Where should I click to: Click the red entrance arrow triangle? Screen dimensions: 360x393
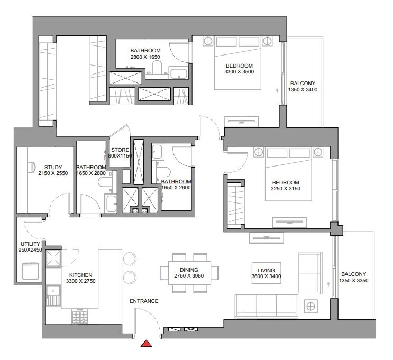(147, 344)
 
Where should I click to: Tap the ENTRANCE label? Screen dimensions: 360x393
(144, 301)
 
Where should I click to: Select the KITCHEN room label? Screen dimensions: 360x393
(80, 275)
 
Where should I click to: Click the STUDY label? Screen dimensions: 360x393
(53, 168)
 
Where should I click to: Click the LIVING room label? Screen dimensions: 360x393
(266, 270)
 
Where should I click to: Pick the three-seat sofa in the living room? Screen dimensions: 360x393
(266, 305)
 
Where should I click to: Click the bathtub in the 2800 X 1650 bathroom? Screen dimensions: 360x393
(179, 73)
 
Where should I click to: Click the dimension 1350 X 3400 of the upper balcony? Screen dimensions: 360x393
(303, 90)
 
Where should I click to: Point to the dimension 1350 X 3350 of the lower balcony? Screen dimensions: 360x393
(353, 281)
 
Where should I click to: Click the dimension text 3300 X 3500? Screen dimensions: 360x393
(239, 71)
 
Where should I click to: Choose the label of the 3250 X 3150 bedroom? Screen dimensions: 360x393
(285, 182)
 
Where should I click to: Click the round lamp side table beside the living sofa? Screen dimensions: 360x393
(310, 305)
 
